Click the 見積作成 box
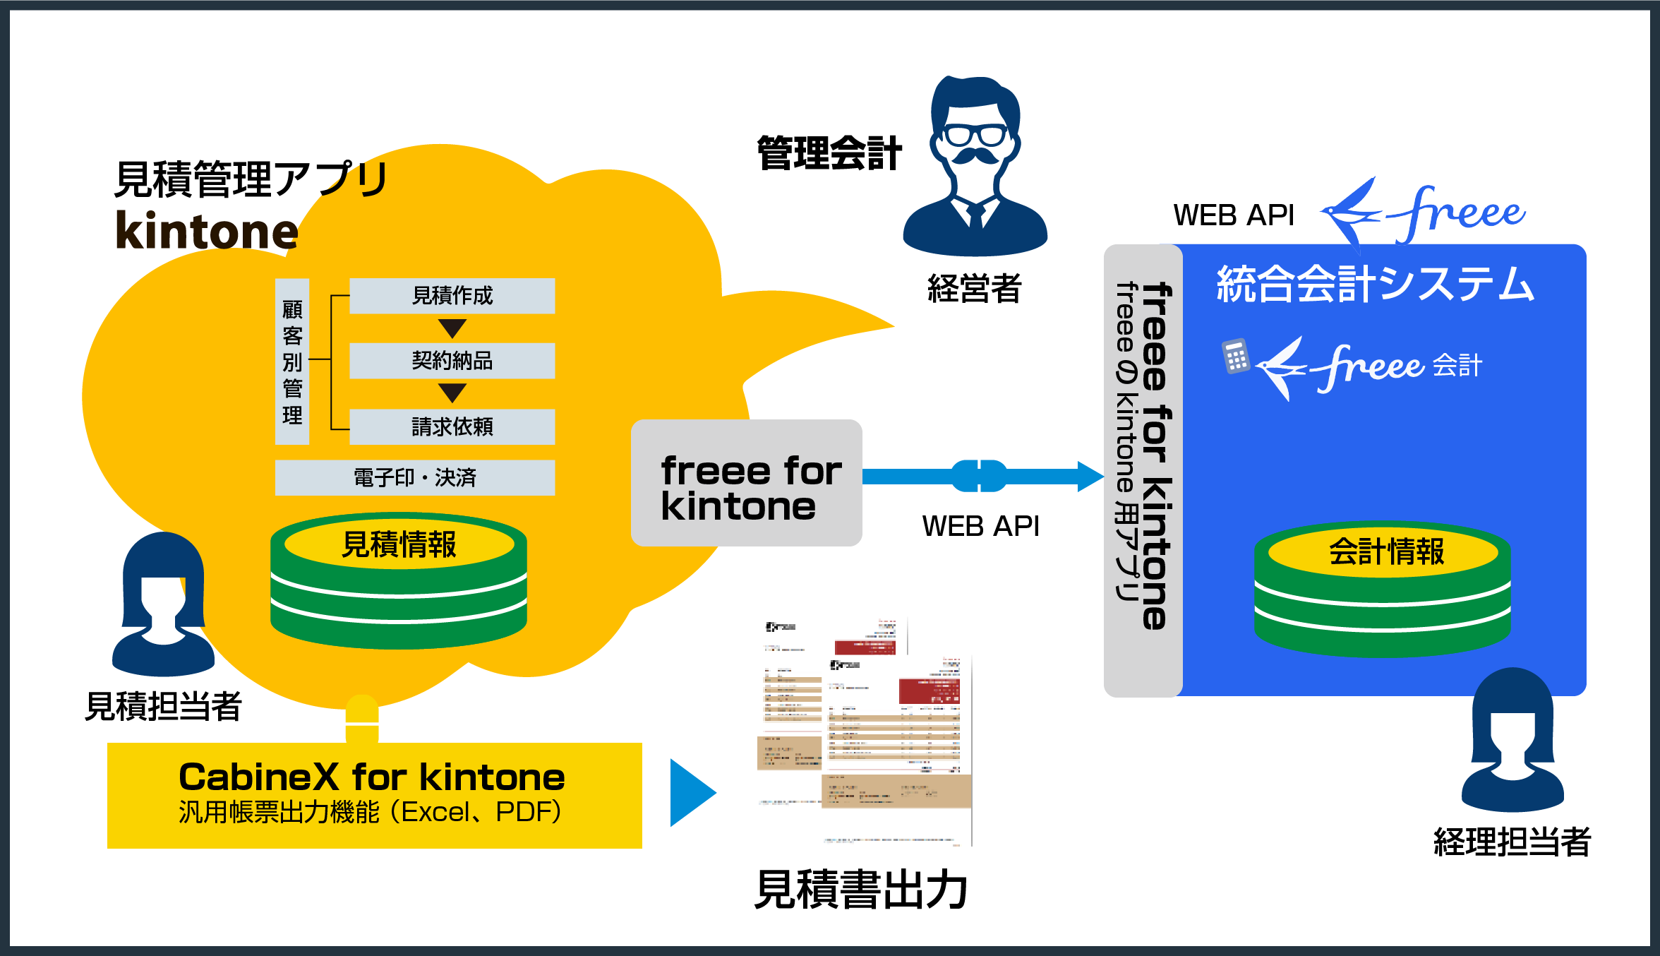tap(452, 296)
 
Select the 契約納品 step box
tap(452, 361)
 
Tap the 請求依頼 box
tap(452, 426)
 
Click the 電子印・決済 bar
tap(414, 478)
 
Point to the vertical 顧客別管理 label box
tap(292, 362)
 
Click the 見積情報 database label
tap(399, 544)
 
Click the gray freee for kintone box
tap(746, 483)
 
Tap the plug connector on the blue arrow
tap(979, 476)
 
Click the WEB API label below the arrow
tap(980, 526)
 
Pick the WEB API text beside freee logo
tap(1233, 215)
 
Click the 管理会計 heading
tap(829, 153)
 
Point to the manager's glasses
tap(975, 134)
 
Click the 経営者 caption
tap(974, 288)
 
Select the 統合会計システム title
tap(1375, 284)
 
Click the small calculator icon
tap(1235, 357)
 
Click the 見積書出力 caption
tap(860, 890)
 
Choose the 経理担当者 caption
tap(1512, 842)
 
